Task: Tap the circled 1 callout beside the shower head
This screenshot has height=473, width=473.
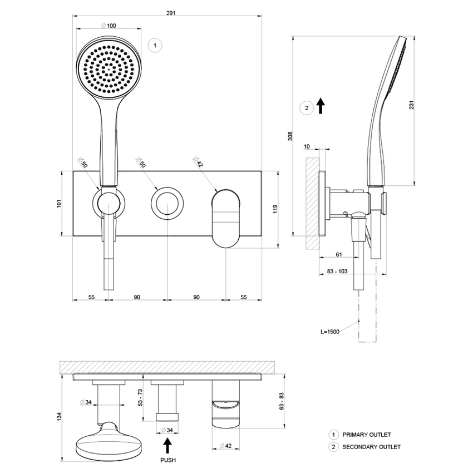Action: pos(155,45)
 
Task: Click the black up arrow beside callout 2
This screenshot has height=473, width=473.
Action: pos(321,106)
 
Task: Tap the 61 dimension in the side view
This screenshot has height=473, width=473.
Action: pos(338,254)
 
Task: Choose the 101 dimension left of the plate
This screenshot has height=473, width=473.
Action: pos(59,204)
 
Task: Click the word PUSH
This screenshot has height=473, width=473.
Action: pos(167,460)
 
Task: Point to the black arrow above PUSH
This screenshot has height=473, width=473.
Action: pos(167,445)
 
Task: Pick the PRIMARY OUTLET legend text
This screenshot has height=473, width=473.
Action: pos(367,435)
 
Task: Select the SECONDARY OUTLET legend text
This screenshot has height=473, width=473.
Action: pos(371,447)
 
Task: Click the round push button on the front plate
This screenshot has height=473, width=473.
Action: pos(166,202)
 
